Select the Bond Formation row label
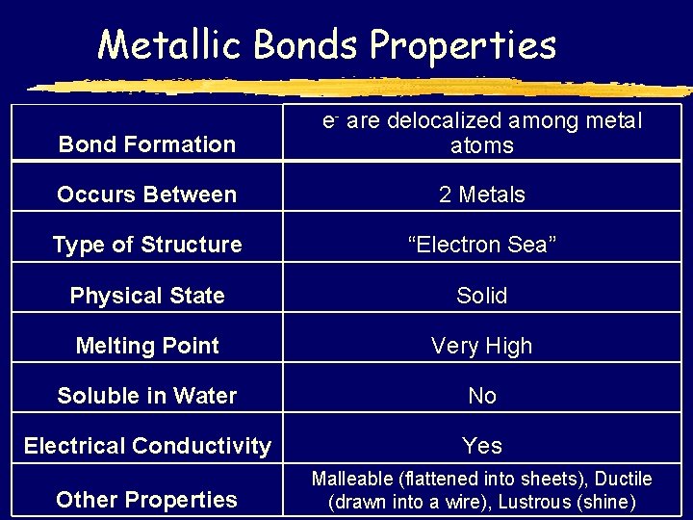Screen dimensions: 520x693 (147, 144)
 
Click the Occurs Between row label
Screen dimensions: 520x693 (147, 195)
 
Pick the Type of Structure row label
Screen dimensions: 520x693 (147, 245)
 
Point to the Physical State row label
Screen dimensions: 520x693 (147, 296)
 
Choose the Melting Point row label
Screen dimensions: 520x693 (147, 346)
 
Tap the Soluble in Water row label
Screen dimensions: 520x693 (147, 396)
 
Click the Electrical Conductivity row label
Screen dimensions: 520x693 (147, 446)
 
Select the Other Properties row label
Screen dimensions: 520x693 (147, 499)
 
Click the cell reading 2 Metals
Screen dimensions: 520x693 (482, 195)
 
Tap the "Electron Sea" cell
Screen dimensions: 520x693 (482, 245)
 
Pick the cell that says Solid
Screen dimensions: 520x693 (482, 296)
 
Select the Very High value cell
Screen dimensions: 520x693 (482, 346)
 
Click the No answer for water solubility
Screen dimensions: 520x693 (482, 396)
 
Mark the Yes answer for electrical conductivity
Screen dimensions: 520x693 (482, 446)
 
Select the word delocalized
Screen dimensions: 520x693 (443, 121)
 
